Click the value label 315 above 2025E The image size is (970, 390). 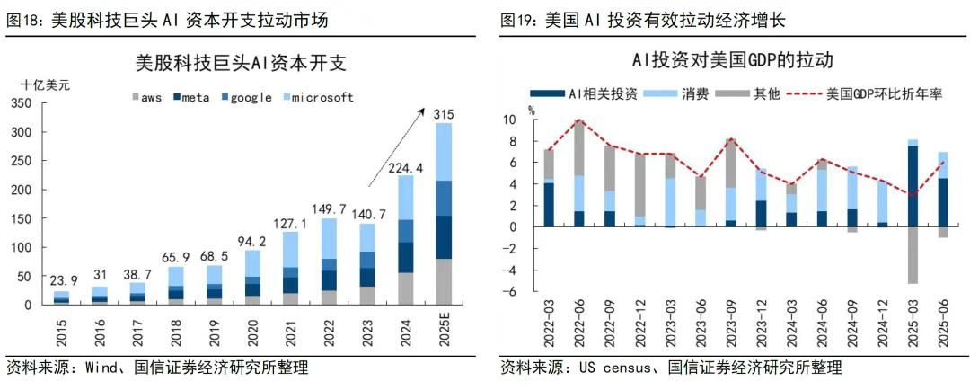pos(443,114)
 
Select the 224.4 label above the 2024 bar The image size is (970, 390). pos(406,166)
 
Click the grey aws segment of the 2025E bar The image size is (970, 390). pos(443,281)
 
